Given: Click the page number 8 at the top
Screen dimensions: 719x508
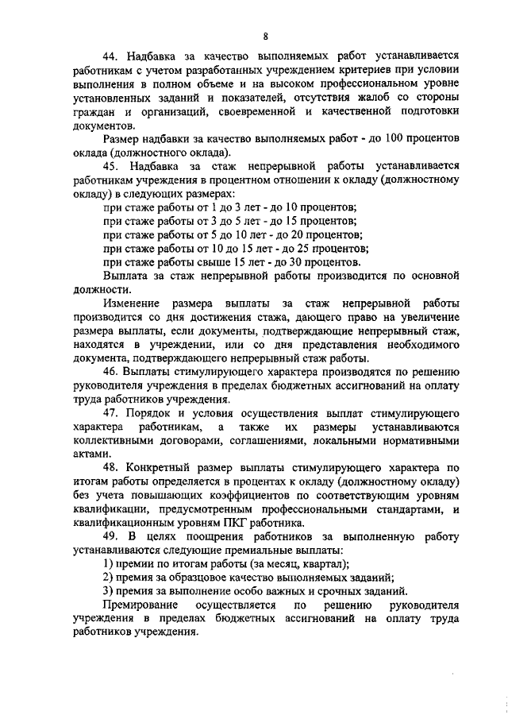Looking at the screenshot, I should pyautogui.click(x=265, y=35).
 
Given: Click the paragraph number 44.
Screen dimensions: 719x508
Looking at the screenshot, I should pyautogui.click(x=111, y=57).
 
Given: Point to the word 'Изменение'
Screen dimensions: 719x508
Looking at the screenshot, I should pyautogui.click(x=129, y=303).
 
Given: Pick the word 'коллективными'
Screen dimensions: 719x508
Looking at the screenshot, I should pyautogui.click(x=111, y=440).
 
